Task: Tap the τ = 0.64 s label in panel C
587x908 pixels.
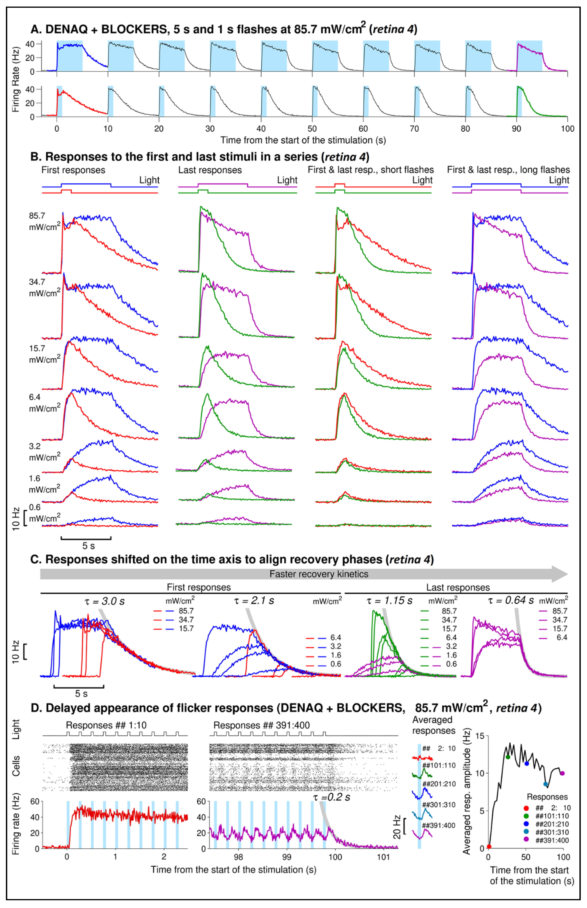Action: (511, 601)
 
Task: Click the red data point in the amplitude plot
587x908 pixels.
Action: (489, 847)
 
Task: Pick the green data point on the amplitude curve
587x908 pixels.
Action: (508, 757)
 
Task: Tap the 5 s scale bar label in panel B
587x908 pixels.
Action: (88, 546)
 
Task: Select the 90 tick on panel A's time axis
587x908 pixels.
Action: (516, 129)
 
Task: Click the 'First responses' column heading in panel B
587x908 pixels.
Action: (73, 170)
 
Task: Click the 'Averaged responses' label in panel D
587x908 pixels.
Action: (433, 725)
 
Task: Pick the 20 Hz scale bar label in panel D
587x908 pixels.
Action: (396, 827)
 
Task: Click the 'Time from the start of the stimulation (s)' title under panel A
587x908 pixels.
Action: (303, 140)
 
